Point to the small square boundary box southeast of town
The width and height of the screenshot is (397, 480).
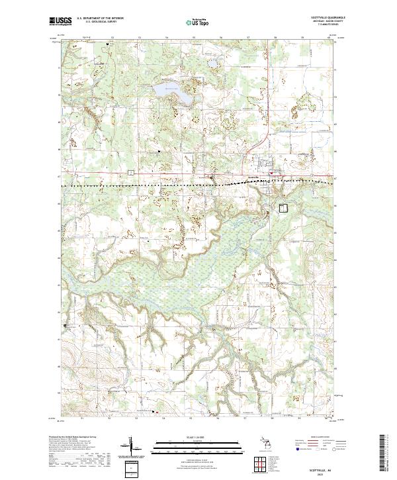point(283,208)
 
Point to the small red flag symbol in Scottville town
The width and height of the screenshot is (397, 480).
point(271,173)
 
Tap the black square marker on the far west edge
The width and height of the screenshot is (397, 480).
point(66,326)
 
